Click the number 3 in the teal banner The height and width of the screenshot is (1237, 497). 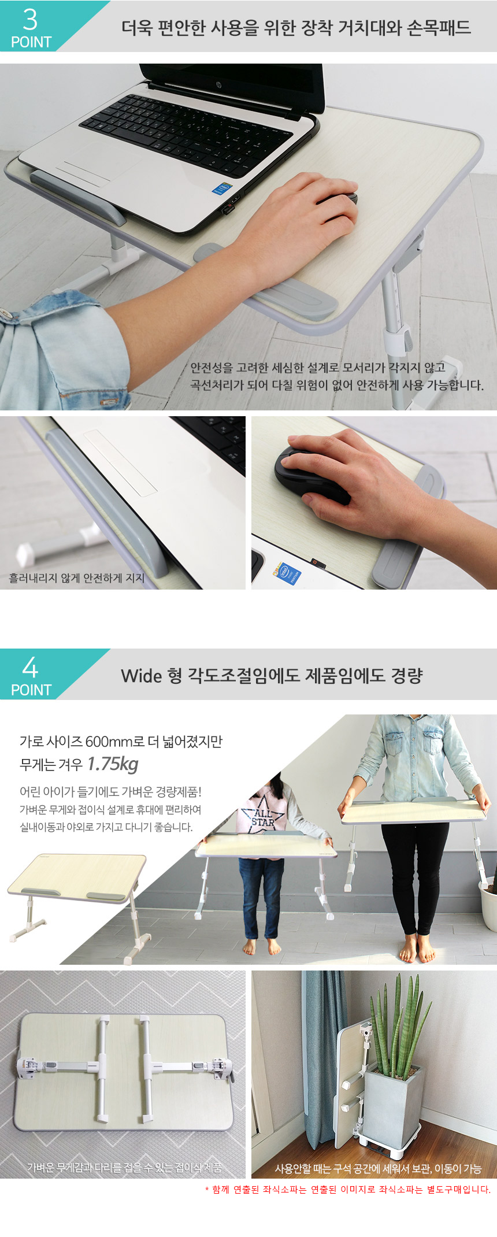[30, 19]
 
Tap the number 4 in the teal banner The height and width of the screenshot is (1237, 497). [30, 668]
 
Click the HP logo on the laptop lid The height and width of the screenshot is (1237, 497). [220, 85]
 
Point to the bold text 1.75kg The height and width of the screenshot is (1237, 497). [112, 764]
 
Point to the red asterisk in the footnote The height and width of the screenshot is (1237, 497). [207, 1190]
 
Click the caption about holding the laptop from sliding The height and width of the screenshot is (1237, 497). [77, 578]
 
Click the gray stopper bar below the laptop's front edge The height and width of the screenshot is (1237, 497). [77, 196]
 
